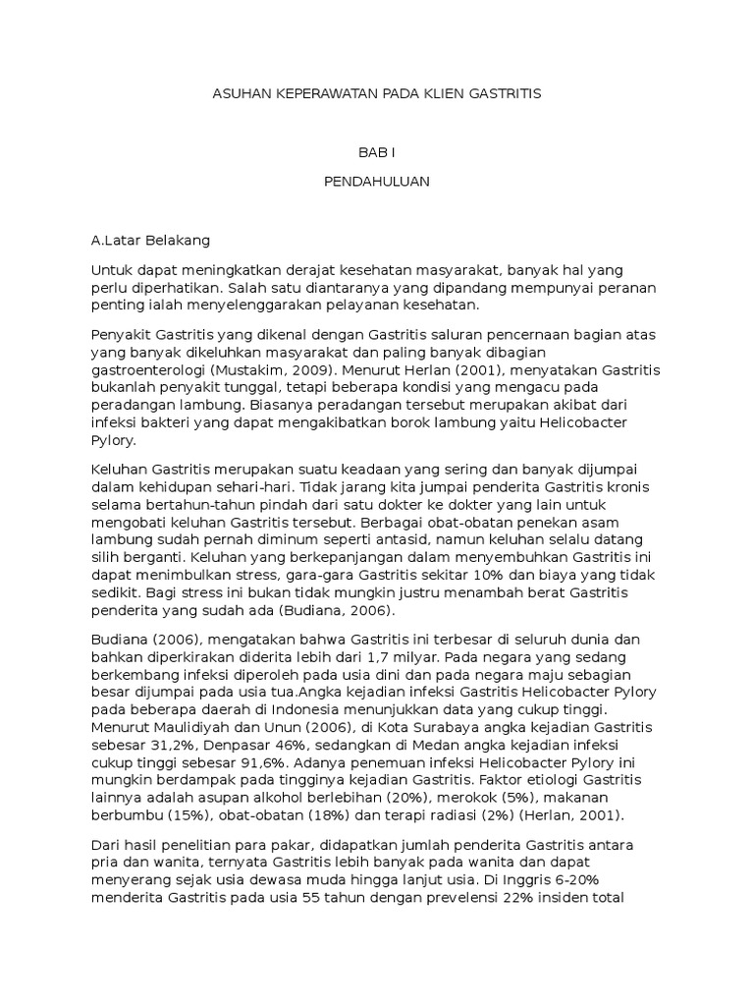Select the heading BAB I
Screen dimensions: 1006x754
[x=376, y=152]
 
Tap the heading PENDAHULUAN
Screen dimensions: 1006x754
[x=376, y=182]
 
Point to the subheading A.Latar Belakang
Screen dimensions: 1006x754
[x=149, y=240]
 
